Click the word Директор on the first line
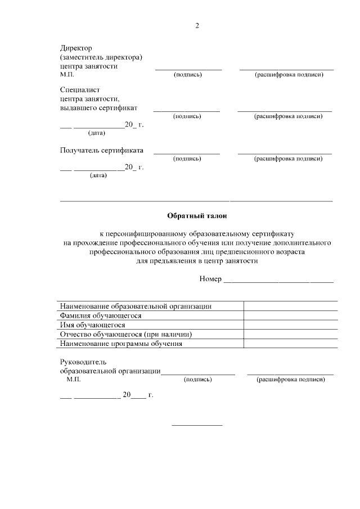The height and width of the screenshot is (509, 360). point(76,48)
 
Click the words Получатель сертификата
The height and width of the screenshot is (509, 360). point(101,150)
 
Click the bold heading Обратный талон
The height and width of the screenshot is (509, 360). point(196,215)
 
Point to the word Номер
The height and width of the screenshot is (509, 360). point(210,279)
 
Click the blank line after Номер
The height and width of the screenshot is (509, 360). point(278,280)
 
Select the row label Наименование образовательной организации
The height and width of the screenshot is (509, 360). point(136,306)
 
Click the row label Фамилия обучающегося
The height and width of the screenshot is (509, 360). point(101,316)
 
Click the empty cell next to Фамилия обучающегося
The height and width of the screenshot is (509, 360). point(290,316)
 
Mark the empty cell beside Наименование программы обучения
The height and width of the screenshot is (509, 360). point(290,343)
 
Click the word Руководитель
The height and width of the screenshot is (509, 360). point(83,362)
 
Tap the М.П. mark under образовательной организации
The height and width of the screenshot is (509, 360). point(74,380)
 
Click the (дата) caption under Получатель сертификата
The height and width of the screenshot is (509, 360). point(98,175)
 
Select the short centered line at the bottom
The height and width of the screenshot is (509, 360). point(197,425)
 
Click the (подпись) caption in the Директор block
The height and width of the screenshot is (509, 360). point(188,74)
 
